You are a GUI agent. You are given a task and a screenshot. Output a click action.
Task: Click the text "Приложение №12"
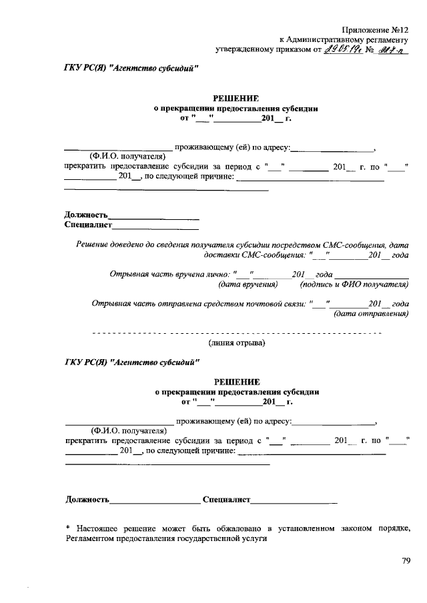click(x=374, y=30)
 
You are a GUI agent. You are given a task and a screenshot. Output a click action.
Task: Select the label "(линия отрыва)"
click(x=236, y=342)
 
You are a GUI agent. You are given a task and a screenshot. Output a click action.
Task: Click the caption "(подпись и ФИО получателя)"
click(x=354, y=284)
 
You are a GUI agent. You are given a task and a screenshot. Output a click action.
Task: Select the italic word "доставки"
click(x=218, y=255)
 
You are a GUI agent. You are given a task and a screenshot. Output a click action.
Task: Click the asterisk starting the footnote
click(x=68, y=528)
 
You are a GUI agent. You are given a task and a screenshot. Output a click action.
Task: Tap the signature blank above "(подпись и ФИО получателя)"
click(x=372, y=276)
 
